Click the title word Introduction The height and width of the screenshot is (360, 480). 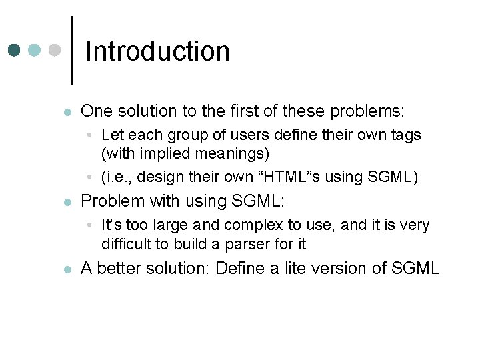[157, 51]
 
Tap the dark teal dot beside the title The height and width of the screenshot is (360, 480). [15, 51]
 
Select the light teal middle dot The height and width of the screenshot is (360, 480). [35, 51]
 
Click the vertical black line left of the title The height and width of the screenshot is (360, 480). [71, 50]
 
